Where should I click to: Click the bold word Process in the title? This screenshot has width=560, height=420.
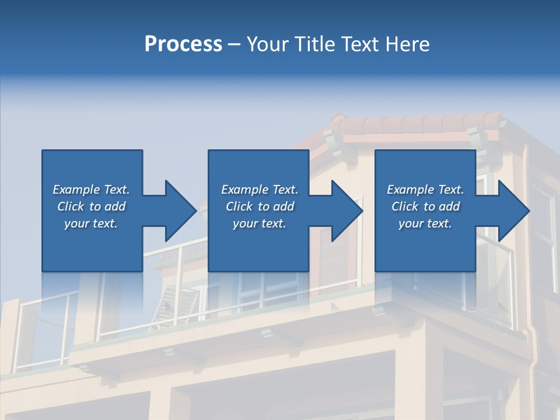tap(183, 44)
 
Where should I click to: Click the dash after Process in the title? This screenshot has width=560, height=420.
tap(234, 45)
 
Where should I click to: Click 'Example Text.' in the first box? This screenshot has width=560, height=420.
tap(91, 190)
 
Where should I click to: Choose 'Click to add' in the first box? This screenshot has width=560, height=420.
tap(91, 206)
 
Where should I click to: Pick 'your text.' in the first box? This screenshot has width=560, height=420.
tap(91, 223)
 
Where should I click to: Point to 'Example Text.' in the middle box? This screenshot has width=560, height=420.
tap(259, 190)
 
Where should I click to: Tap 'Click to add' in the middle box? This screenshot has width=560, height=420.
tap(259, 206)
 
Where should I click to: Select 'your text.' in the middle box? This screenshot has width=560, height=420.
tap(259, 223)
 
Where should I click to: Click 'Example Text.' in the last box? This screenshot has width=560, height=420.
tap(425, 190)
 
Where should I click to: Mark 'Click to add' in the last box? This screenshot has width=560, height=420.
tap(425, 206)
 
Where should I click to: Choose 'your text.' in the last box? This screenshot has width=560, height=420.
tap(425, 223)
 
